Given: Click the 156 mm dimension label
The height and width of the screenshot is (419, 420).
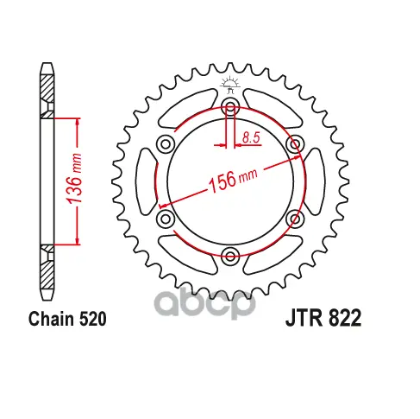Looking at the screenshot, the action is (x=233, y=180).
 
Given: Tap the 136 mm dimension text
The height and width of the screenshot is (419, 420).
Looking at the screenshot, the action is (x=74, y=179).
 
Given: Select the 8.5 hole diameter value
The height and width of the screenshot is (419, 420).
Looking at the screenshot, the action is (x=251, y=137).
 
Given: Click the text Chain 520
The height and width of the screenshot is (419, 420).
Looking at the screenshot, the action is (x=67, y=319).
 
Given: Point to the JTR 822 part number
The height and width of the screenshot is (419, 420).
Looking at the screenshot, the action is (x=323, y=318).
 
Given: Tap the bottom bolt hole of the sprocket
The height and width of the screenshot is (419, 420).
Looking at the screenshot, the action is (x=230, y=255).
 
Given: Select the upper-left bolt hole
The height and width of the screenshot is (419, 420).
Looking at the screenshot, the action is (x=166, y=143).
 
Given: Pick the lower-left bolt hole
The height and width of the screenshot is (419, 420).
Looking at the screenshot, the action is (x=166, y=219).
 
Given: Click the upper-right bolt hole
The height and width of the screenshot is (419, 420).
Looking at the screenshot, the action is (x=295, y=143).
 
